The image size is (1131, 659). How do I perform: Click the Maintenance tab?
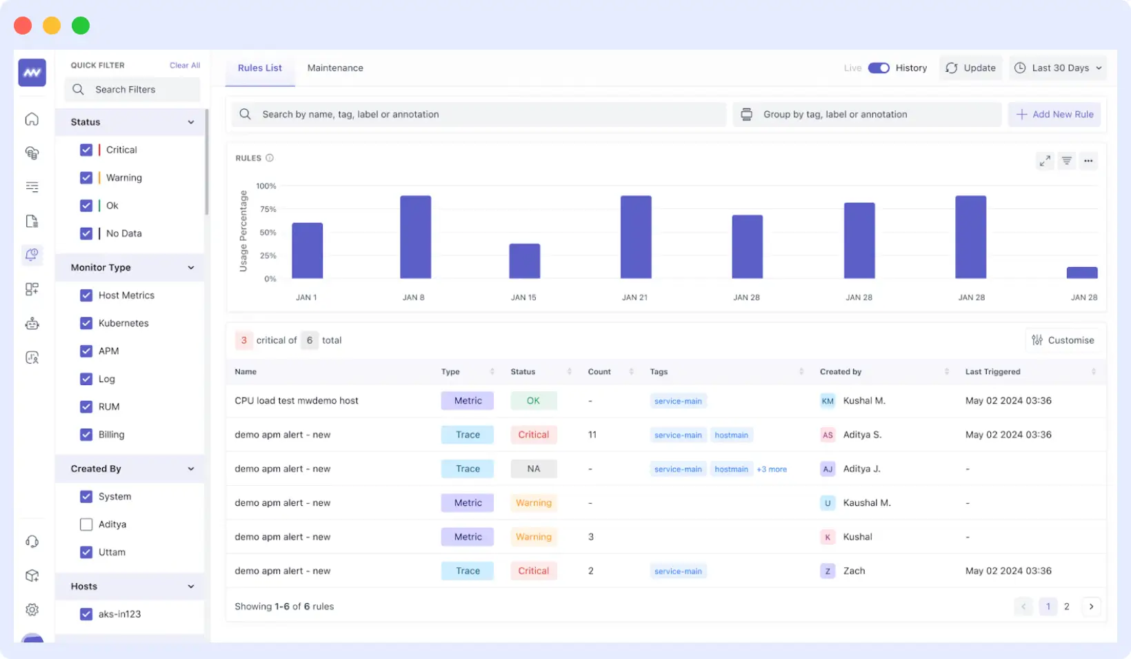coord(335,68)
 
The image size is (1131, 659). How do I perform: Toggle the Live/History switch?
coord(879,68)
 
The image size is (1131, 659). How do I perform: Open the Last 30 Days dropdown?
coord(1059,68)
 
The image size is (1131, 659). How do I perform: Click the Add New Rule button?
coord(1054,115)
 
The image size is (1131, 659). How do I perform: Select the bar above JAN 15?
coord(524,262)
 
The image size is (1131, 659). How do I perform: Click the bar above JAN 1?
coord(307,250)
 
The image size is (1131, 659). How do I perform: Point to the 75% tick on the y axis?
coord(268,209)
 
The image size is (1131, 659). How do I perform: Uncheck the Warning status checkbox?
coord(86,177)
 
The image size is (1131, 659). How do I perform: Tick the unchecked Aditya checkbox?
coord(86,524)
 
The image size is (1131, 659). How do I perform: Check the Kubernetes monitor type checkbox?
coord(86,323)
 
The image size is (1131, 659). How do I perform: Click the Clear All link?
coord(185,65)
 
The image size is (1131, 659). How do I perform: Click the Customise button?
coord(1063,340)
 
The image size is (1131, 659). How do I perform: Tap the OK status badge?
coord(533,401)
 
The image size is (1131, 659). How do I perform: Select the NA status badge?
coord(533,469)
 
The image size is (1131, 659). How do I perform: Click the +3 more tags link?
coord(772,469)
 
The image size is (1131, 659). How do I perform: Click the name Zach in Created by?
coord(854,571)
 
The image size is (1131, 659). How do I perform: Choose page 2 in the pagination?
coord(1066,607)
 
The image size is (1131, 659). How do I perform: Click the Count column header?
coord(599,372)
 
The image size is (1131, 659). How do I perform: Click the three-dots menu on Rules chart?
coord(1088,161)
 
